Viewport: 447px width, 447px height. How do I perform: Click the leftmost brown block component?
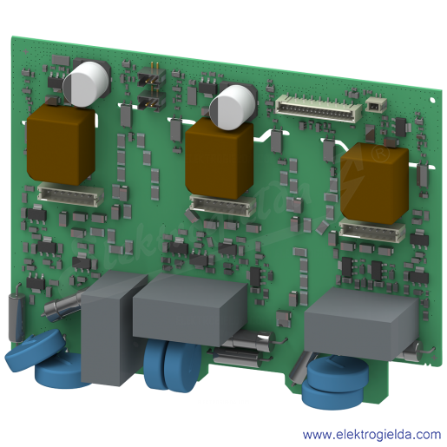[61, 145]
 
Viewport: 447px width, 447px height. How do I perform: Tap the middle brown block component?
[219, 159]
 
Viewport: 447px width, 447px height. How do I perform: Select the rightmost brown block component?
[374, 183]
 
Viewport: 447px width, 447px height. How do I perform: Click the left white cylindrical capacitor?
[86, 84]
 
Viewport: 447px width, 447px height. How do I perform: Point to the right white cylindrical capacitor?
[233, 107]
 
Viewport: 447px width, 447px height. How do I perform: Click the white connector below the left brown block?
[70, 194]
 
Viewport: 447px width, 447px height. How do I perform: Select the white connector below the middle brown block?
[222, 205]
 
